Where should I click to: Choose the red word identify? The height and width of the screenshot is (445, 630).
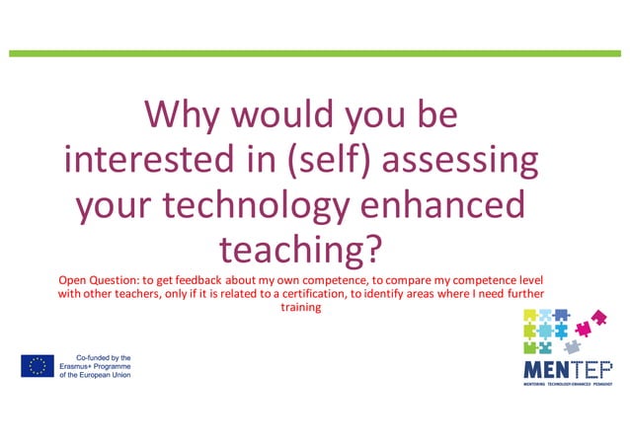point(425,294)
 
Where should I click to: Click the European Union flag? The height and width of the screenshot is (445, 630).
point(38,366)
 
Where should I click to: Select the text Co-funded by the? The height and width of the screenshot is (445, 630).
point(104,357)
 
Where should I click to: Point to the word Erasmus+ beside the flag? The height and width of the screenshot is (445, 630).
point(82,366)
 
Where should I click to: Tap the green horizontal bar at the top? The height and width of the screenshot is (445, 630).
point(315,52)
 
